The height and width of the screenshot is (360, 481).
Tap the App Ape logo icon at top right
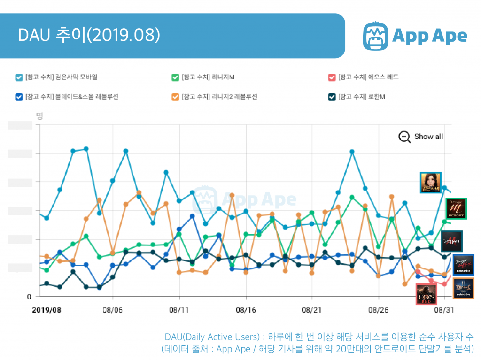[377, 36]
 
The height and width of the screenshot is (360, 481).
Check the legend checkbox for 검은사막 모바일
[18, 77]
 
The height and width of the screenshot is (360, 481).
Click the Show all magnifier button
[404, 137]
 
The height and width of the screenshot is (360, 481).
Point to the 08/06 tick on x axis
[112, 310]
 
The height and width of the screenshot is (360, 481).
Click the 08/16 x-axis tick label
[245, 310]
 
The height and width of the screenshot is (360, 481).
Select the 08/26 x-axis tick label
[378, 310]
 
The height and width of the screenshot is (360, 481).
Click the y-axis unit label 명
[39, 115]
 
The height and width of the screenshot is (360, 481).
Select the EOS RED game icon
[427, 294]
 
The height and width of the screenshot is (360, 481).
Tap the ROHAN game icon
[451, 241]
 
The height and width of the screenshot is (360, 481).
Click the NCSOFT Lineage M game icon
[455, 208]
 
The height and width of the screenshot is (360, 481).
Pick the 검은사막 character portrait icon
[430, 182]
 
